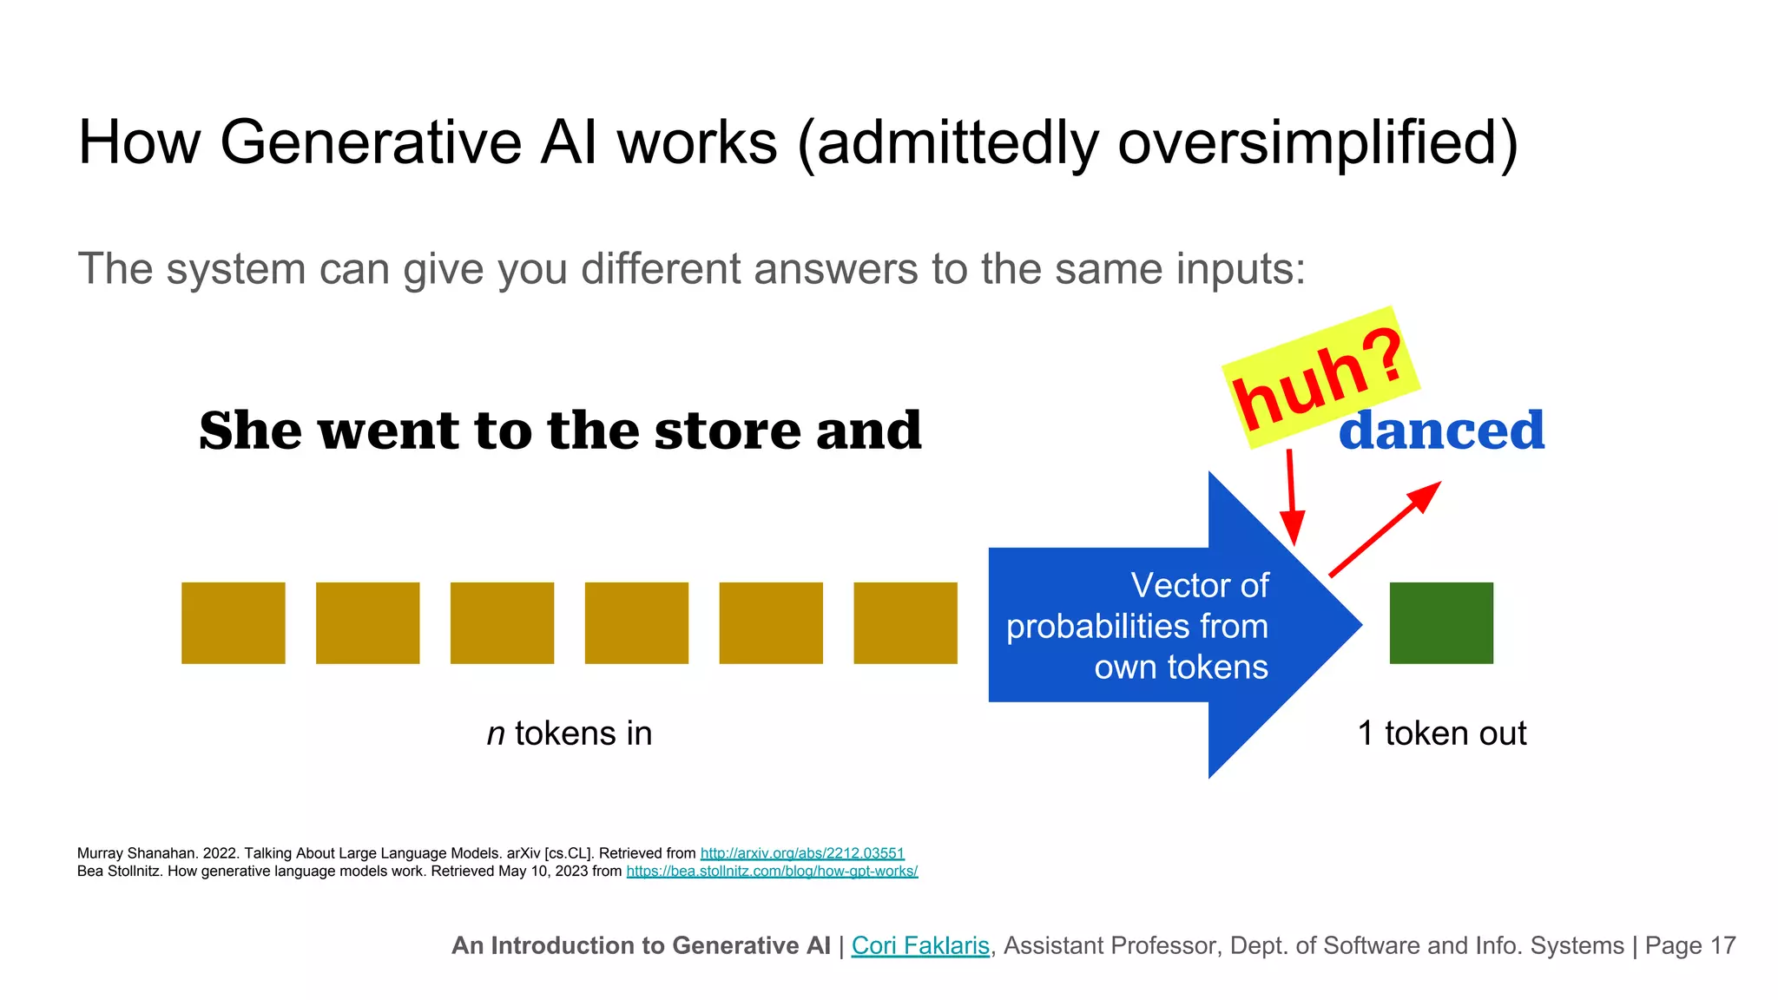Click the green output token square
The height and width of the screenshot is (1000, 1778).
pos(1441,622)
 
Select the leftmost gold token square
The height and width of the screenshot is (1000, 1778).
pos(233,622)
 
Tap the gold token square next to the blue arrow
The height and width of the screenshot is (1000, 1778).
pos(905,622)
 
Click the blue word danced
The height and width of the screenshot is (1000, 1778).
pos(1441,431)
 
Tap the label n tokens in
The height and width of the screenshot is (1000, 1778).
pos(569,734)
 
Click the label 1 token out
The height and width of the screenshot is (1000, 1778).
pos(1441,734)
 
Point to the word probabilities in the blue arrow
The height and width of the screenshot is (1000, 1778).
pos(1097,627)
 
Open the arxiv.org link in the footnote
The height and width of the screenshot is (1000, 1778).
pos(802,853)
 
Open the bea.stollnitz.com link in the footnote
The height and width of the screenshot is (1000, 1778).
pos(772,871)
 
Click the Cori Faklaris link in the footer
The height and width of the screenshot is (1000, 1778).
pos(920,945)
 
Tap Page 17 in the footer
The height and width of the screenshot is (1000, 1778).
pos(1689,945)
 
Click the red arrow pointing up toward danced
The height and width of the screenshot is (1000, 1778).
pos(1384,530)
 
